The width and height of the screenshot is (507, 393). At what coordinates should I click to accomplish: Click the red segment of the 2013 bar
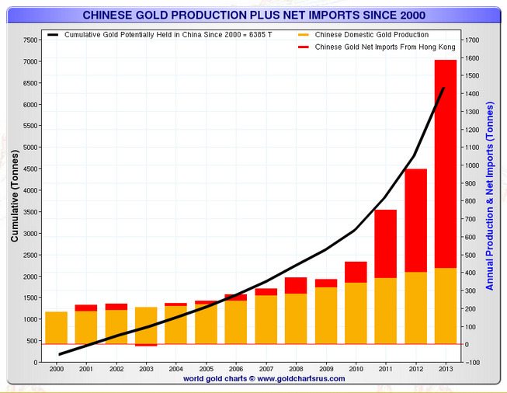[445, 163]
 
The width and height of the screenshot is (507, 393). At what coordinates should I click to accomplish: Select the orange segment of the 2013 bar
[445, 306]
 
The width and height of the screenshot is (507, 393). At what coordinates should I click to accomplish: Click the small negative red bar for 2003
[146, 345]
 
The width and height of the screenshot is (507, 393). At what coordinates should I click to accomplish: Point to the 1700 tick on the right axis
[471, 40]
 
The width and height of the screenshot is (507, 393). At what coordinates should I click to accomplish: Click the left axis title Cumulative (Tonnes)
[14, 197]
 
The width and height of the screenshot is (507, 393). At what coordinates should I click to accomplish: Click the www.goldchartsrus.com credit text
[253, 379]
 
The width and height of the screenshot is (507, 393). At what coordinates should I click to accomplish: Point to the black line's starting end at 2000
[59, 354]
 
